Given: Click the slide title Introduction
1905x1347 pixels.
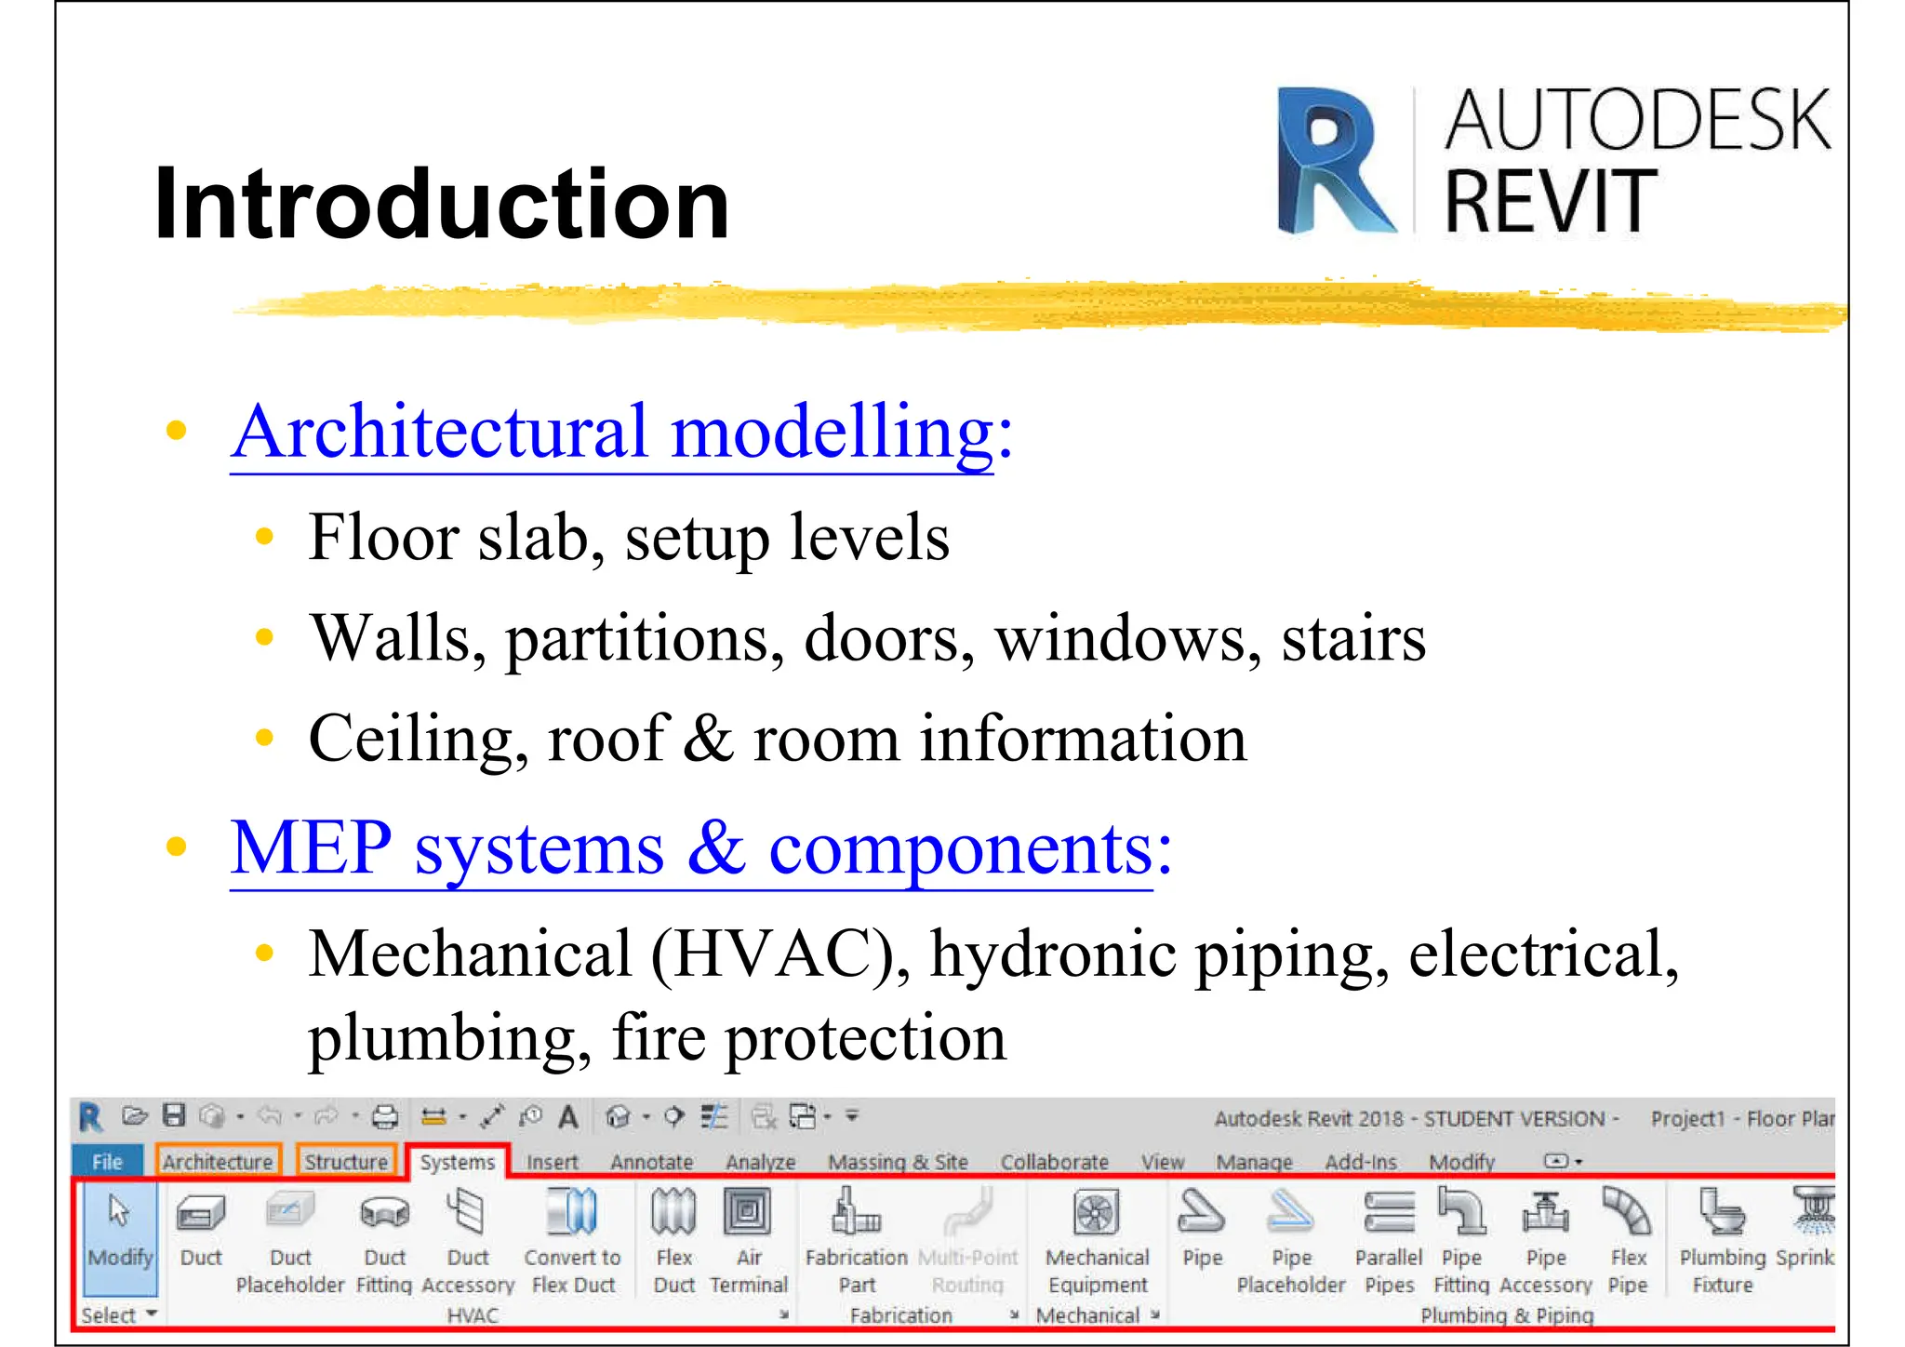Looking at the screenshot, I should (x=442, y=203).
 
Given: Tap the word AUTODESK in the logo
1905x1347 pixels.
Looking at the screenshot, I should (x=1637, y=120).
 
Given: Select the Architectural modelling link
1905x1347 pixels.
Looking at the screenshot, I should (x=621, y=433).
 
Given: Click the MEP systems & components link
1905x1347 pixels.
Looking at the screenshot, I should (x=700, y=848).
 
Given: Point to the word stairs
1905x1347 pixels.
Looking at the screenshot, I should (x=1353, y=639).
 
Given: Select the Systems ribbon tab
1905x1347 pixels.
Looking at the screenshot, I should (x=457, y=1162).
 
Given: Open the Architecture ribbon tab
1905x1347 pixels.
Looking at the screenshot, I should (x=218, y=1162).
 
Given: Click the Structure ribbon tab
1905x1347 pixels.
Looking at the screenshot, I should (x=346, y=1162).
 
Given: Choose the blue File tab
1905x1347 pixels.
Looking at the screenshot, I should (x=107, y=1162).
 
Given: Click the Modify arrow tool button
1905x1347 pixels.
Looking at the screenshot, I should (x=120, y=1228).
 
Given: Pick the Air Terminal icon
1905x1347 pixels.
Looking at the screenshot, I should (x=748, y=1212).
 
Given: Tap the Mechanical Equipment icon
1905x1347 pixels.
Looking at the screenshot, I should (x=1097, y=1213).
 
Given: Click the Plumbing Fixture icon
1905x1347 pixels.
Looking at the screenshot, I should (x=1722, y=1213).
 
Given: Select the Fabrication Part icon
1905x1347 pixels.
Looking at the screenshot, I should (x=856, y=1213).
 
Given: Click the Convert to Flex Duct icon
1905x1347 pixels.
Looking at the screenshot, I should (x=572, y=1213).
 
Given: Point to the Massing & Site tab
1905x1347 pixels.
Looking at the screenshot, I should (x=898, y=1162).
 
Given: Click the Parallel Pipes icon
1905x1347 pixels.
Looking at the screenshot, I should (x=1389, y=1213).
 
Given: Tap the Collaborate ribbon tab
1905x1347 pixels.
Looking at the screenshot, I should (x=1054, y=1162).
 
